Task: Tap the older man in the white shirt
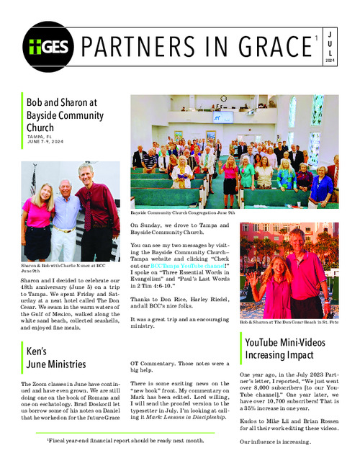(x=66, y=223)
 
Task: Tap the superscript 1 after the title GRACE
(x=315, y=37)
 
